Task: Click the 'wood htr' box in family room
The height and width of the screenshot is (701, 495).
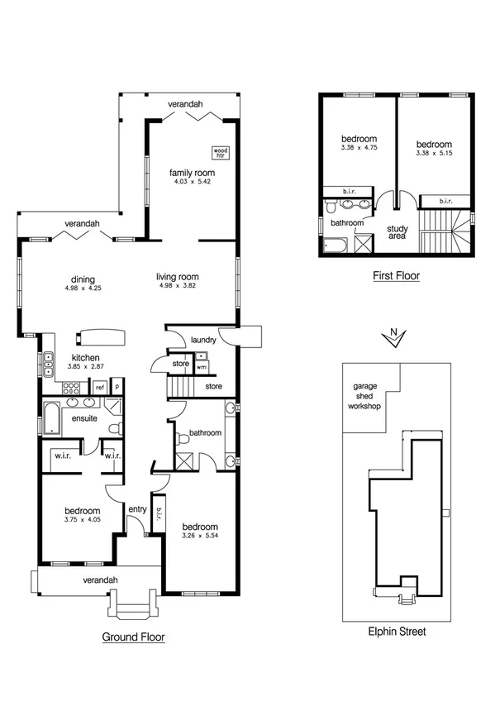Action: pos(220,153)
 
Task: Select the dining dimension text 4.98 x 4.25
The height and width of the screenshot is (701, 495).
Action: pos(83,289)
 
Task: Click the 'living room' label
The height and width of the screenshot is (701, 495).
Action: pos(178,277)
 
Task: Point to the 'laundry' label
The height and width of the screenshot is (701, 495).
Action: pos(202,340)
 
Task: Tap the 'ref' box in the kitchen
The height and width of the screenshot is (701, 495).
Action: pos(99,387)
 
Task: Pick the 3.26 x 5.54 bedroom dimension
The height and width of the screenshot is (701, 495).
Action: pos(200,536)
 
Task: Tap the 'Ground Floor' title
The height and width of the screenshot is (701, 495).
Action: pos(133,637)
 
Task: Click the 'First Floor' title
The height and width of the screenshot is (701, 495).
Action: pos(396,276)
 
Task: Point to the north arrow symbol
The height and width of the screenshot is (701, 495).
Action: pos(394,336)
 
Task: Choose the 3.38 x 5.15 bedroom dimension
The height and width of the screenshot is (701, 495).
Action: pos(434,153)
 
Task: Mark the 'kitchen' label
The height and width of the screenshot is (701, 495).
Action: pos(85,357)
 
